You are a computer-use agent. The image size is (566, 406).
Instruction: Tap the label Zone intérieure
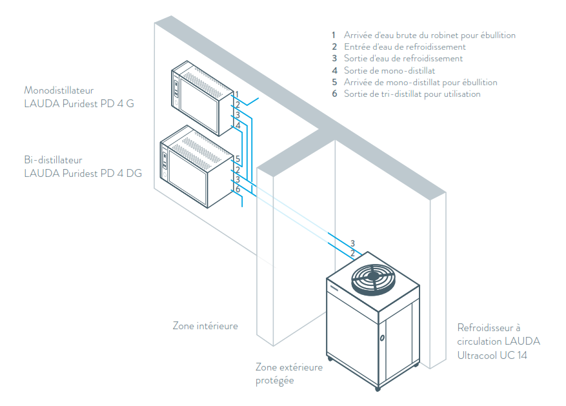[x=205, y=326]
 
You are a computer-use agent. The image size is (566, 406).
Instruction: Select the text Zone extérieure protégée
[x=288, y=374]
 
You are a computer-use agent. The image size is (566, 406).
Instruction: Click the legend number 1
[x=334, y=36]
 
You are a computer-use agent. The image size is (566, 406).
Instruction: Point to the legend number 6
[x=334, y=94]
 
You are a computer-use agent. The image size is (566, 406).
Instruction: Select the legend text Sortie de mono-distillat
[x=390, y=70]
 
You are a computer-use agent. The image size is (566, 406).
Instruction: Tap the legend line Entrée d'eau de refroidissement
[x=405, y=47]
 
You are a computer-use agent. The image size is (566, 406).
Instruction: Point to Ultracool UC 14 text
[x=492, y=355]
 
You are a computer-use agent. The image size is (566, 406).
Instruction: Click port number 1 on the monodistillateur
[x=238, y=94]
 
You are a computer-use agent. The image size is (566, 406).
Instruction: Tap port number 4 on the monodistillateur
[x=238, y=125]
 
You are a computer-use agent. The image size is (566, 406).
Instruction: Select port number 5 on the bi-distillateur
[x=238, y=159]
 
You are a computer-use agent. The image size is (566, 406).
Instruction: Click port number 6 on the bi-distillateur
[x=238, y=189]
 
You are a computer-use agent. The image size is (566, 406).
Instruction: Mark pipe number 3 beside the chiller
[x=352, y=243]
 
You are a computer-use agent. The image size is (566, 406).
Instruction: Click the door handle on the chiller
[x=382, y=337]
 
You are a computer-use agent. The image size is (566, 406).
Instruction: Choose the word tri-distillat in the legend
[x=412, y=94]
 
